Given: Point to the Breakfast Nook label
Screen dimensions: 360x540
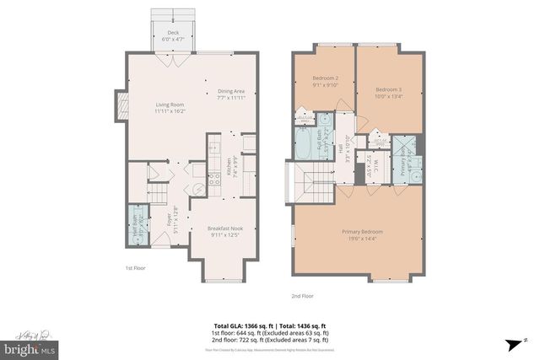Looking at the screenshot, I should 224,230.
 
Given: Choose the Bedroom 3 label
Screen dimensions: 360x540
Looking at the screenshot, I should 388,92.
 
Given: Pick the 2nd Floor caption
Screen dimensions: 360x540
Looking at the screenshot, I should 301,296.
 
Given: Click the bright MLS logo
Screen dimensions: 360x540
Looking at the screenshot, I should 29,346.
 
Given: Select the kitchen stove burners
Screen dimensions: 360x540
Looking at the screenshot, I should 217,165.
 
